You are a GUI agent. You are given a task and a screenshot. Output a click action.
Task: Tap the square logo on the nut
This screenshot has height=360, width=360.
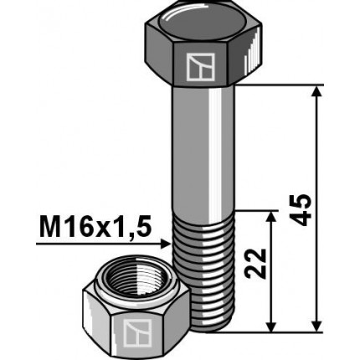[135, 333]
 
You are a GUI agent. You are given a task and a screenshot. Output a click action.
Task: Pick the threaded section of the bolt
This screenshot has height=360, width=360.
[206, 268]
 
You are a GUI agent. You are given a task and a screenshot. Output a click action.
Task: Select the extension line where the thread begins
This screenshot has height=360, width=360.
[255, 210]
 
